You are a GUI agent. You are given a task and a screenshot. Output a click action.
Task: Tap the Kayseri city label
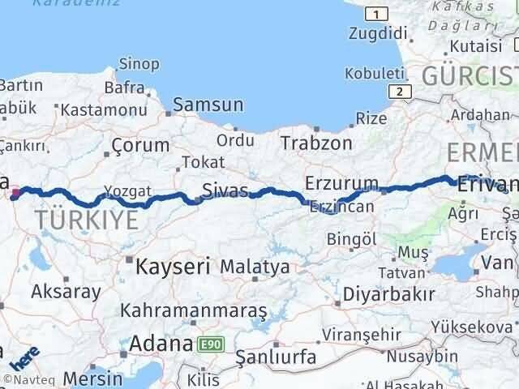[x=173, y=265]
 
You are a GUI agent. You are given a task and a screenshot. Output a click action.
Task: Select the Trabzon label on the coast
[x=316, y=143]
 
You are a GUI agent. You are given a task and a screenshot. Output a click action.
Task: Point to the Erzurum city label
[x=341, y=182]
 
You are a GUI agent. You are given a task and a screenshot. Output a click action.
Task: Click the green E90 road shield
[x=208, y=344]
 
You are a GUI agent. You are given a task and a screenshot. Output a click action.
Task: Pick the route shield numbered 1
[x=375, y=14]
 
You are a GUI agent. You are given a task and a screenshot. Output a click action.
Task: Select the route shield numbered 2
[x=399, y=92]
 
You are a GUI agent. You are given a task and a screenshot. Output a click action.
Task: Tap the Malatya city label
[x=255, y=266]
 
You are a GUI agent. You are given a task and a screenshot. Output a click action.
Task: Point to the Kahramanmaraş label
[x=193, y=310]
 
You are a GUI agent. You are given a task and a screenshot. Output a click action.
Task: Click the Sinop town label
[x=139, y=63]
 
